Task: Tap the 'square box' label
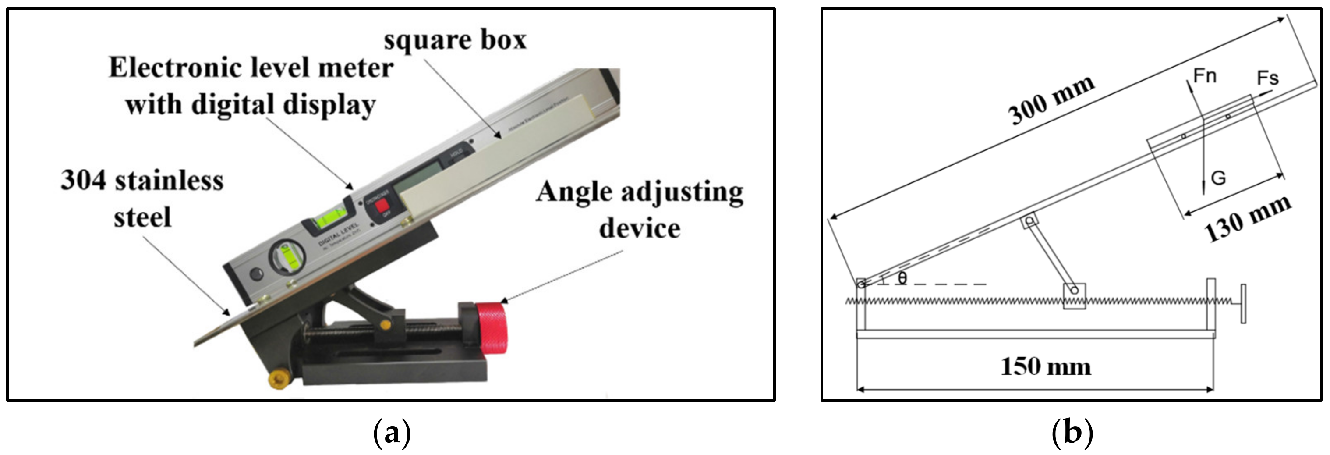click(x=455, y=40)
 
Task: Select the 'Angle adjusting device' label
click(x=639, y=210)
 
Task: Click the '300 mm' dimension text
click(x=1051, y=100)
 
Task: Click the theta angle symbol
click(x=902, y=278)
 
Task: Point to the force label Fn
click(x=1205, y=76)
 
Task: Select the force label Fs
click(x=1267, y=78)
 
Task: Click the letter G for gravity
click(x=1218, y=178)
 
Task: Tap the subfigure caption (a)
click(x=392, y=433)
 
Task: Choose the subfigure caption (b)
click(x=1072, y=433)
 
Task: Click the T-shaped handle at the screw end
click(x=1243, y=304)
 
